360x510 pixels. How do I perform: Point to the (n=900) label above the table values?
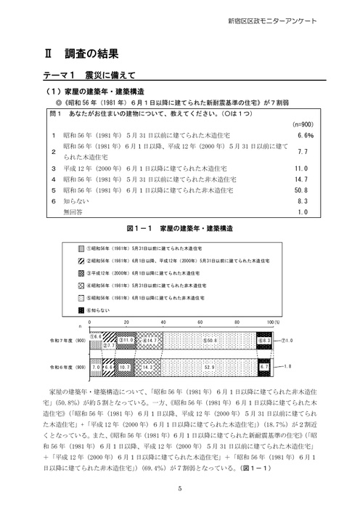(x=303, y=124)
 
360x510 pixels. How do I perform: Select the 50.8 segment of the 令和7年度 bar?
(x=210, y=339)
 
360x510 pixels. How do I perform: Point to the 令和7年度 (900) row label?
(x=67, y=339)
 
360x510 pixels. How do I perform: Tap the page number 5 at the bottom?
(x=179, y=488)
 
